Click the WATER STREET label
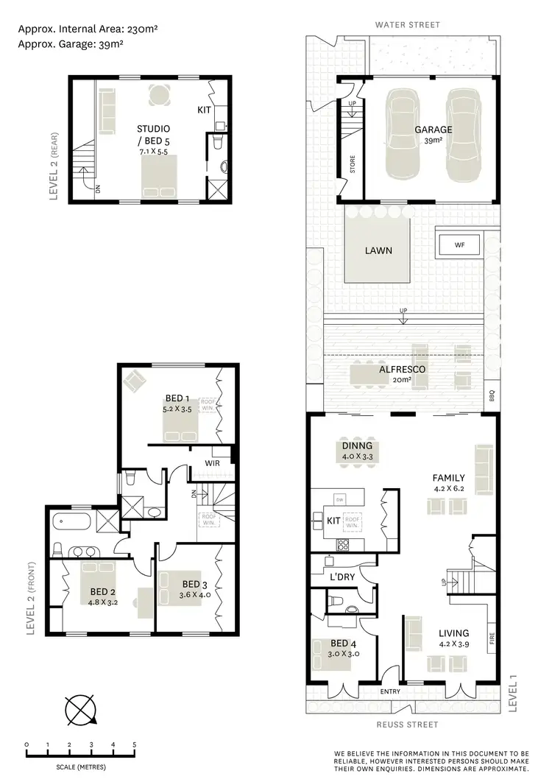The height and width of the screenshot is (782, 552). pyautogui.click(x=407, y=25)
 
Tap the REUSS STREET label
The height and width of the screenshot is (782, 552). pyautogui.click(x=407, y=725)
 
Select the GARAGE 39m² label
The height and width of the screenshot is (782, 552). pyautogui.click(x=433, y=134)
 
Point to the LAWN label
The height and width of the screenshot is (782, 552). pyautogui.click(x=378, y=250)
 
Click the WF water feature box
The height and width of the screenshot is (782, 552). pyautogui.click(x=459, y=244)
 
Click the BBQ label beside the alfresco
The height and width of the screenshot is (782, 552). pyautogui.click(x=492, y=397)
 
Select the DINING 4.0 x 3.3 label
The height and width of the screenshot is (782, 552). pyautogui.click(x=357, y=451)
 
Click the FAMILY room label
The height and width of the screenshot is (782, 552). pyautogui.click(x=448, y=483)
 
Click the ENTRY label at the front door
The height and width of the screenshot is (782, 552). pyautogui.click(x=389, y=691)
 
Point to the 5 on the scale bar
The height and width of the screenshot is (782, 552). pyautogui.click(x=135, y=745)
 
